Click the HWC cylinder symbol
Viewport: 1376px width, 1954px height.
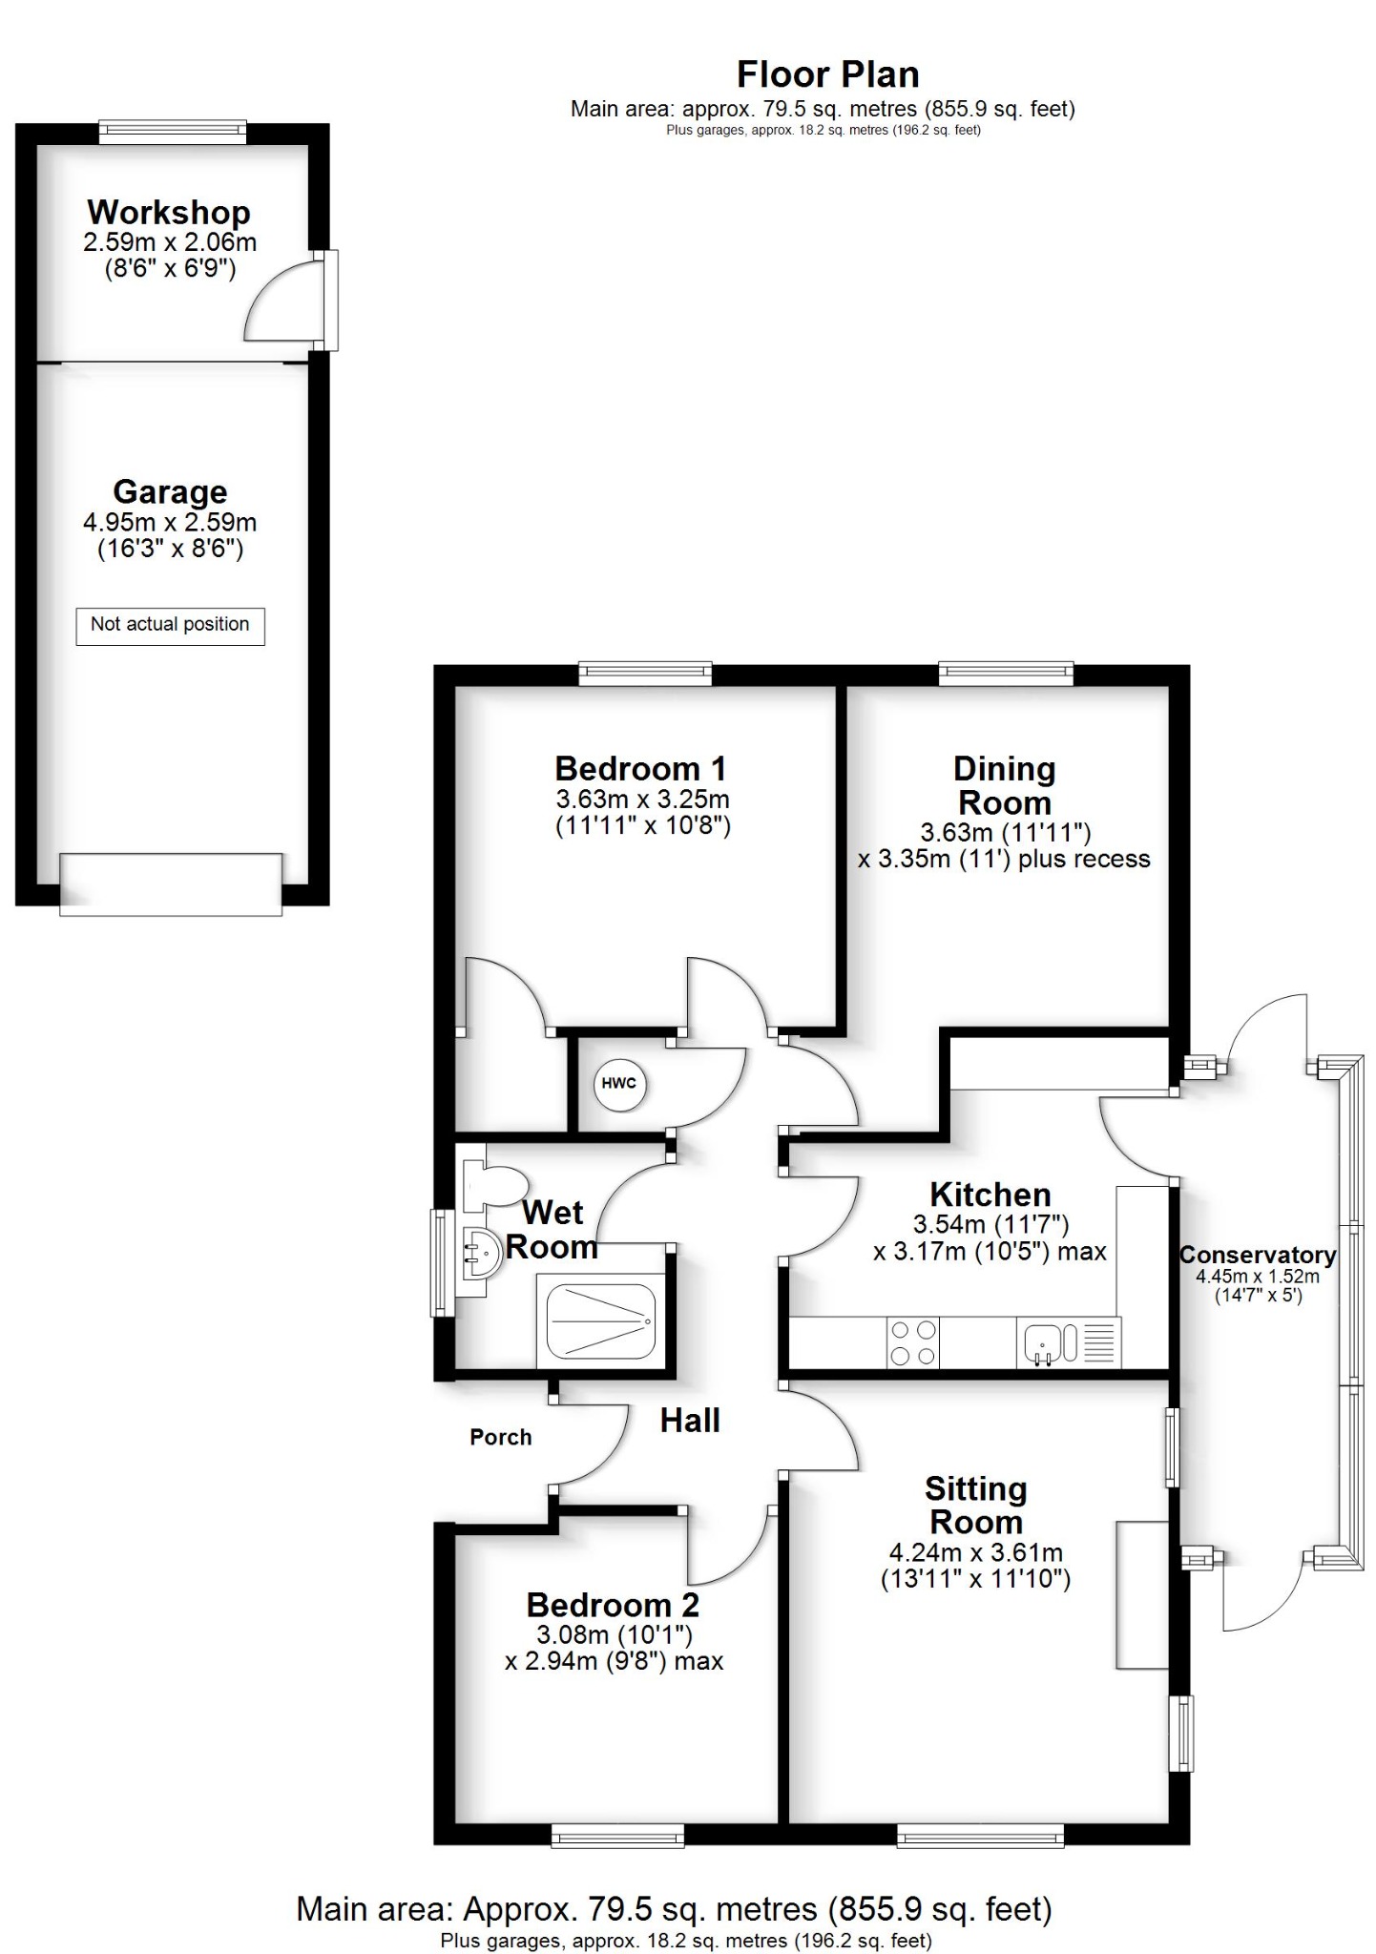[619, 1084]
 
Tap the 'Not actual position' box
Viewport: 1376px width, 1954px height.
[170, 625]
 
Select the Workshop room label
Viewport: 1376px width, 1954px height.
[169, 212]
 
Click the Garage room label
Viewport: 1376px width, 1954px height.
[170, 491]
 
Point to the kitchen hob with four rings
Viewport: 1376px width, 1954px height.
[912, 1342]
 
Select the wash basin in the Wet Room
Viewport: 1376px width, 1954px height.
[479, 1252]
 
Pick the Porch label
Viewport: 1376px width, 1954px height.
[500, 1437]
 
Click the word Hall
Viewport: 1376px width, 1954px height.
[690, 1421]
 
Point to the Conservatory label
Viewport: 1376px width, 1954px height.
[1258, 1256]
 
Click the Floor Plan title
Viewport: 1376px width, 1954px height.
[827, 74]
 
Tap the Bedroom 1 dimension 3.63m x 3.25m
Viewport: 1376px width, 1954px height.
[642, 799]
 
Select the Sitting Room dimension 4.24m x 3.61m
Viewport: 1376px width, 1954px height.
[974, 1553]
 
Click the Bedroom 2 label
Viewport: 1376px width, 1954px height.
[613, 1605]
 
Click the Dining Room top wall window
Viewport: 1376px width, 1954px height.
[1006, 674]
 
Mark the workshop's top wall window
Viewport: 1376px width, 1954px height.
[173, 132]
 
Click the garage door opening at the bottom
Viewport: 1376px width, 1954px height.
[171, 885]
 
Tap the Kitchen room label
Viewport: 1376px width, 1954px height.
[990, 1195]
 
